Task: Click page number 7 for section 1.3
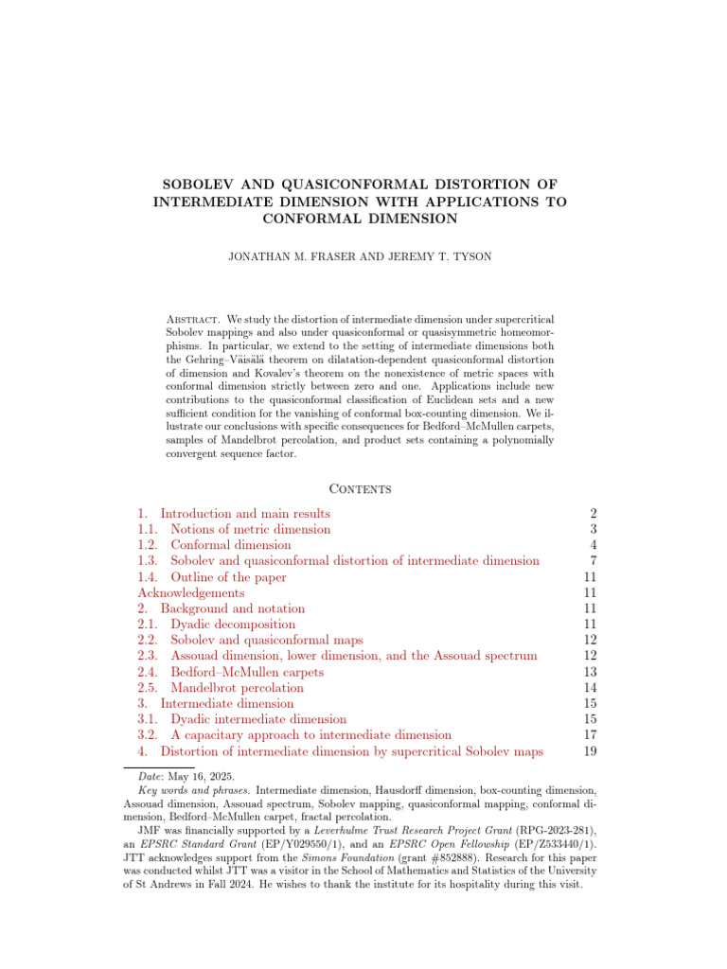tap(593, 561)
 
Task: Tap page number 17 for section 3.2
tap(589, 735)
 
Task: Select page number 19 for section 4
tap(589, 751)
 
